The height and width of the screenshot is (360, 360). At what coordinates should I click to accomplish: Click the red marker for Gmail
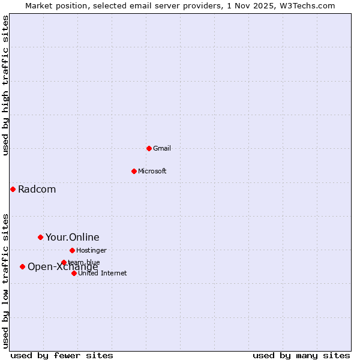[x=149, y=148]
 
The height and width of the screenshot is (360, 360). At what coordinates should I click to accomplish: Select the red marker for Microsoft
[x=134, y=171]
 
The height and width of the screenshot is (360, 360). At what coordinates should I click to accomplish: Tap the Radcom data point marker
[x=13, y=189]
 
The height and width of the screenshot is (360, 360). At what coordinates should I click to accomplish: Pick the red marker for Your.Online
[x=40, y=237]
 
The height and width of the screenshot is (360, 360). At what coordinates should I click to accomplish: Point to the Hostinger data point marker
[x=72, y=250]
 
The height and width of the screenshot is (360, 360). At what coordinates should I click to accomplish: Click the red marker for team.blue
[x=64, y=262]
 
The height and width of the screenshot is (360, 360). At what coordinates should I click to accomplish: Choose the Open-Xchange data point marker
[x=22, y=266]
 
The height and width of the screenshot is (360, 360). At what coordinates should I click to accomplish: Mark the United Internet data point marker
[x=74, y=273]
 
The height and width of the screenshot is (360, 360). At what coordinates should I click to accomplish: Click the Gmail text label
[x=162, y=148]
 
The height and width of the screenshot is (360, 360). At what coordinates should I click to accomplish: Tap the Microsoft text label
[x=152, y=171]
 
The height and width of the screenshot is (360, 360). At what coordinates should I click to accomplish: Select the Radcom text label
[x=37, y=190]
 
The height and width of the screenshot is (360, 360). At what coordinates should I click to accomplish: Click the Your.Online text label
[x=72, y=238]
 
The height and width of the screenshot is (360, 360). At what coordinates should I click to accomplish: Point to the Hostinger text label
[x=91, y=250]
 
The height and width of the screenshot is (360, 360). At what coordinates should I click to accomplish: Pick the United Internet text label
[x=102, y=273]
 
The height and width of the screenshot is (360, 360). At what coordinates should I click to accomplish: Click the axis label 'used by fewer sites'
[x=62, y=355]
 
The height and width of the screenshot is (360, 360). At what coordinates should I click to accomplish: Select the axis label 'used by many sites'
[x=301, y=355]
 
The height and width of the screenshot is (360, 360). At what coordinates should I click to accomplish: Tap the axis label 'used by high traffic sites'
[x=6, y=85]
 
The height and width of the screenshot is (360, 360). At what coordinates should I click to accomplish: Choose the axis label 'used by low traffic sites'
[x=6, y=280]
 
